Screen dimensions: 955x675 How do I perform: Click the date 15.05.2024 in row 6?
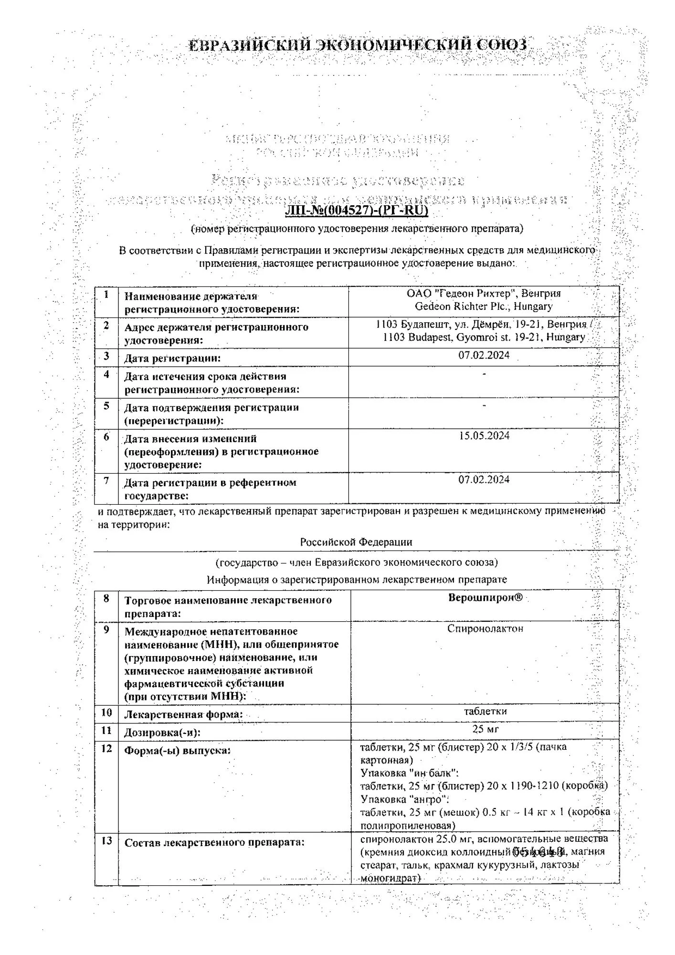484,435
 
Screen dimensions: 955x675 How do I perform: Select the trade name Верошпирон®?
485,597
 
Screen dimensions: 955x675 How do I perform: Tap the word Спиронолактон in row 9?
485,628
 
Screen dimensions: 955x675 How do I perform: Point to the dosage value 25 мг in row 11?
485,729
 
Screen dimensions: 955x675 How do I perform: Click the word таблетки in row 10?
485,711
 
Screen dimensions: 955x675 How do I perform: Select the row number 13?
106,840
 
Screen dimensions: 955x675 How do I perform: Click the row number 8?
106,598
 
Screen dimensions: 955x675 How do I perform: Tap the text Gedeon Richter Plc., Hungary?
484,306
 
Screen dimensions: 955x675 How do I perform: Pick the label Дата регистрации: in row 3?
172,358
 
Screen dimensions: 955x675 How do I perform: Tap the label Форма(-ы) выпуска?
177,750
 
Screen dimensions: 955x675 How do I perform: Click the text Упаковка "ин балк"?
410,773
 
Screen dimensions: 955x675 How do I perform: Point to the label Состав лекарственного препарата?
214,842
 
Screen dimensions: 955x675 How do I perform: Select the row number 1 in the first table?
106,295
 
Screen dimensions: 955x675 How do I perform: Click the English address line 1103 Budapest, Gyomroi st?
484,337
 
